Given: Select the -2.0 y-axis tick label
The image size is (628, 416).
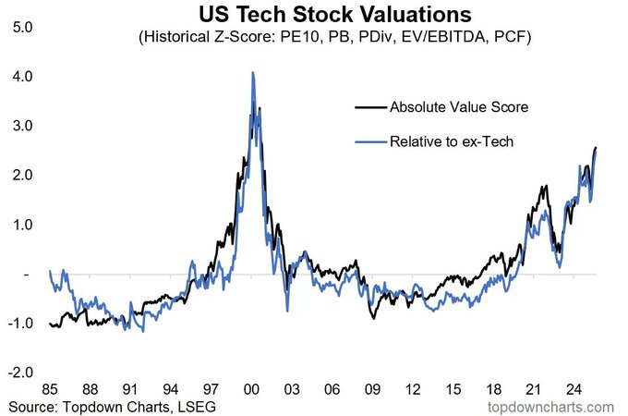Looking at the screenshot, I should [19, 373].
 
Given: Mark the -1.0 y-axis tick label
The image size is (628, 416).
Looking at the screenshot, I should [19, 324].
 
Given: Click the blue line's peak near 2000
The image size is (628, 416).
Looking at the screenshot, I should [253, 72].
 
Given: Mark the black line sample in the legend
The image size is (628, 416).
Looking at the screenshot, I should [371, 107].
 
